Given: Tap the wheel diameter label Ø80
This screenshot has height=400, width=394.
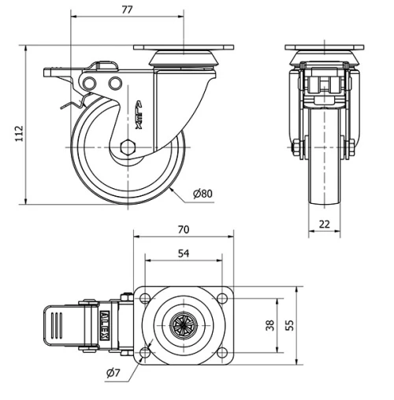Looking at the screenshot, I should [x=203, y=192].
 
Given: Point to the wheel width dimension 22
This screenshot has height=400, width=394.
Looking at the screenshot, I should [x=324, y=224].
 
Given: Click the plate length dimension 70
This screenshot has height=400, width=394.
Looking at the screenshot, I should [x=184, y=230].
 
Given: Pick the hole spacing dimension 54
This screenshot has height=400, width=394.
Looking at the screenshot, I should [x=184, y=253].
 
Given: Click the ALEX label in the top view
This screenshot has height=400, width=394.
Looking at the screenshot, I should [x=106, y=324].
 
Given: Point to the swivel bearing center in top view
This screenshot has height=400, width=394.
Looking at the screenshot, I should [x=184, y=324].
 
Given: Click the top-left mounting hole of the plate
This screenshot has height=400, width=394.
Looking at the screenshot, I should [x=146, y=298].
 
